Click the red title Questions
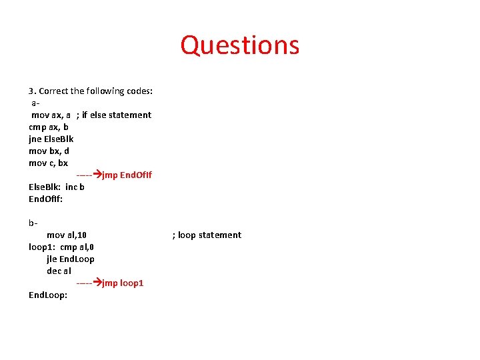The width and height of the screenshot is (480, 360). [240, 45]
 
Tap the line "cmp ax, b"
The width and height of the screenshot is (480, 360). [49, 127]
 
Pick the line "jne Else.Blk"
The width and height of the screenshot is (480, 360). [51, 139]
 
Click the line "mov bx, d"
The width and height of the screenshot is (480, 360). [49, 151]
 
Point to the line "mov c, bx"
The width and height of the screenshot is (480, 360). [48, 163]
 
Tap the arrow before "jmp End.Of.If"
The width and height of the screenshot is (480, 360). [95, 175]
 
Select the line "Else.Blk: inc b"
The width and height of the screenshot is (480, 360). [56, 187]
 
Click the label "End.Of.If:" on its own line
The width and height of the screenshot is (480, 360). [45, 199]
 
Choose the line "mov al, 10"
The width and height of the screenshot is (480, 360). [66, 235]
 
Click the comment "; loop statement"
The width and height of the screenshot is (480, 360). [207, 235]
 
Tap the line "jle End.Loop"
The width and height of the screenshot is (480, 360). [70, 259]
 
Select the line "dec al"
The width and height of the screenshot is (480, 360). [59, 271]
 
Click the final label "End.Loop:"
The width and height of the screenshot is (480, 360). [48, 295]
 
